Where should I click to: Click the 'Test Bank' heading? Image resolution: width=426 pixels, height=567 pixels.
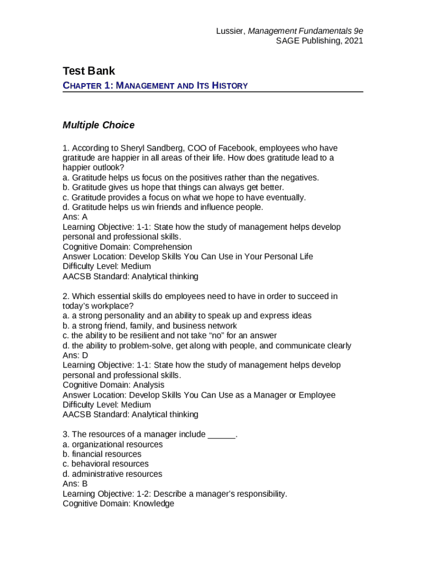pos(89,71)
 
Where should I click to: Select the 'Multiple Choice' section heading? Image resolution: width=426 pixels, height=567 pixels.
pos(98,125)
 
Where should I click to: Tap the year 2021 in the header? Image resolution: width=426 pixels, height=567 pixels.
pos(353,41)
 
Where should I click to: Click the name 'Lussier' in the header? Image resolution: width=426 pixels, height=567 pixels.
pos(230,31)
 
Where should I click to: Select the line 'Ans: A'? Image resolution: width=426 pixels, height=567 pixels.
pos(75,217)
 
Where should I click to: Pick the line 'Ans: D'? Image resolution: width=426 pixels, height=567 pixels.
pos(75,355)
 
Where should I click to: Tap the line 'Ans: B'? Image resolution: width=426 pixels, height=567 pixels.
pos(75,484)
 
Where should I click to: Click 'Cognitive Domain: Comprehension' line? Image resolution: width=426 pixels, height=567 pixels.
pos(127,247)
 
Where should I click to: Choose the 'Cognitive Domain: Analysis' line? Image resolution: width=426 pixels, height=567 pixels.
pos(113,385)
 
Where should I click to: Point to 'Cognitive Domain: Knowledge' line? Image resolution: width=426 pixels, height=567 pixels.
pos(118,504)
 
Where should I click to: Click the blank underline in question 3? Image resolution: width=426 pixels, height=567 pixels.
pos(221,435)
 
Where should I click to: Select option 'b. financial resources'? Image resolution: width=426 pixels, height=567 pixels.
pos(102,454)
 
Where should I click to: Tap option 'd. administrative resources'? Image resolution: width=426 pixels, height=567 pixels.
pos(112,474)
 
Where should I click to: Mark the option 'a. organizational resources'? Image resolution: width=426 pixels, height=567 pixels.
pos(113,445)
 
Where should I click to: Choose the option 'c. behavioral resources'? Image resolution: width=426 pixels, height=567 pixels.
pos(106,464)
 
